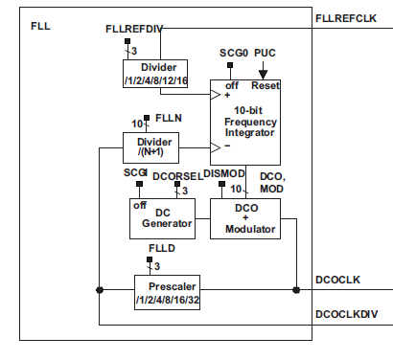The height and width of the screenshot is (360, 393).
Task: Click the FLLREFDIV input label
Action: (x=133, y=30)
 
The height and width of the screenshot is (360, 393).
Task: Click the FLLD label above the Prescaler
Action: (x=162, y=248)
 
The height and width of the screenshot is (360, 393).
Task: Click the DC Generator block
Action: (x=161, y=218)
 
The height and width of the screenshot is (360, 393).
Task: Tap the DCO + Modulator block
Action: (x=244, y=218)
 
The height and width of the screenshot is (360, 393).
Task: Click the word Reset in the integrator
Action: (x=265, y=85)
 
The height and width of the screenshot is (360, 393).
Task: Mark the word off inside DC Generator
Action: (x=140, y=205)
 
